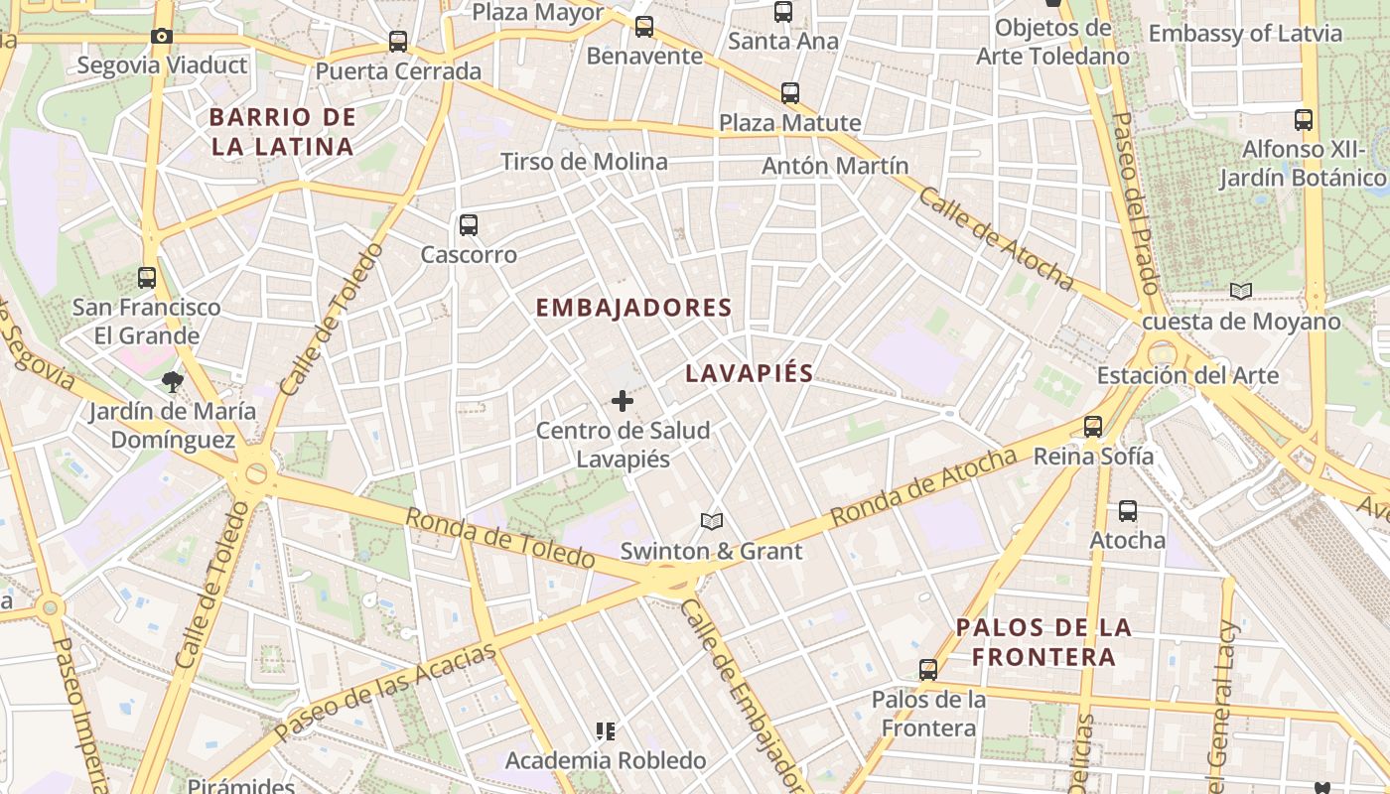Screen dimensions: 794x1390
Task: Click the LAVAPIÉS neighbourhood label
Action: click(x=749, y=373)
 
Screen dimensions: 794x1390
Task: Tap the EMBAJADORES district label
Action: click(x=633, y=308)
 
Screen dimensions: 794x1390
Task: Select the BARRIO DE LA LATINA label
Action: click(x=282, y=132)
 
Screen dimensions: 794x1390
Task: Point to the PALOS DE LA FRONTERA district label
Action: click(x=1043, y=642)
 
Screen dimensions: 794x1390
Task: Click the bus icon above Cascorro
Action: click(x=469, y=225)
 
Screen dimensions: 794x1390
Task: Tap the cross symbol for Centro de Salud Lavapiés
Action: click(x=623, y=401)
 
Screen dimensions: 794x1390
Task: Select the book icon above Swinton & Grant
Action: click(x=711, y=521)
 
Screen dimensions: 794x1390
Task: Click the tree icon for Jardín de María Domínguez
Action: click(x=173, y=381)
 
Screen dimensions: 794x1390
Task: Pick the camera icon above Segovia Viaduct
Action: click(x=161, y=37)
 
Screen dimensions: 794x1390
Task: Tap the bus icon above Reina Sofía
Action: click(x=1093, y=427)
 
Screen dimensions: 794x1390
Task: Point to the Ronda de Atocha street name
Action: click(x=923, y=487)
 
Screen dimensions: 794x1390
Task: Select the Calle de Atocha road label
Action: click(x=996, y=237)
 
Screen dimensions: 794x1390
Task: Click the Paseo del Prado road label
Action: click(x=1135, y=214)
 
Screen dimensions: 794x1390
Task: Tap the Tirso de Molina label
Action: click(x=584, y=161)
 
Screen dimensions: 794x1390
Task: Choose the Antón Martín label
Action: click(x=835, y=166)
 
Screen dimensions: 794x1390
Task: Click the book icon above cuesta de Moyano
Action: click(x=1240, y=292)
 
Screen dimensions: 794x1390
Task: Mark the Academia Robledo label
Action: click(x=606, y=760)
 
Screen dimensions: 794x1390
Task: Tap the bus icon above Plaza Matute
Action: click(x=790, y=93)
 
